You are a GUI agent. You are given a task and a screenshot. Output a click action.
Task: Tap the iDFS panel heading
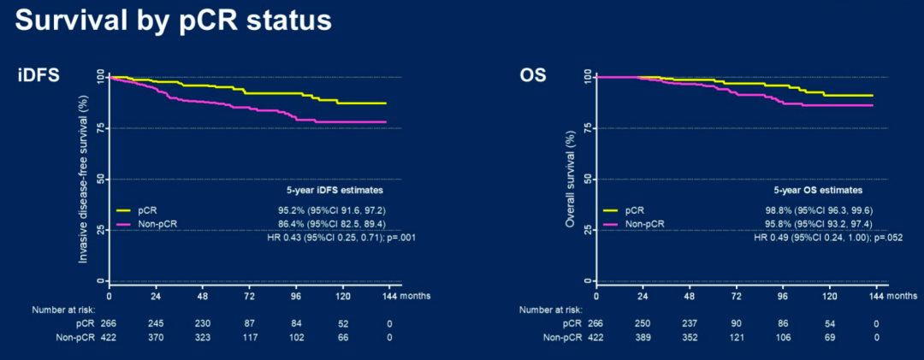[x=38, y=75]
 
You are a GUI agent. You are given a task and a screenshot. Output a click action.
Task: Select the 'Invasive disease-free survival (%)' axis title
[x=86, y=178]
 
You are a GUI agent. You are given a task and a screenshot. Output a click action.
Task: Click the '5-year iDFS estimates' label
[x=335, y=190]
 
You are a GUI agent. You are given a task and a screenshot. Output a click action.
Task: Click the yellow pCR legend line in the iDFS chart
[x=124, y=210]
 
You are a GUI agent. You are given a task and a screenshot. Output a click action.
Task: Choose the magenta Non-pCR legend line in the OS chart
[x=610, y=224]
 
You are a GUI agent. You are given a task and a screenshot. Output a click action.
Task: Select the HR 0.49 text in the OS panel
[x=827, y=238]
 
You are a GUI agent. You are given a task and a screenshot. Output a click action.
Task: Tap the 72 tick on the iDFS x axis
[x=249, y=295]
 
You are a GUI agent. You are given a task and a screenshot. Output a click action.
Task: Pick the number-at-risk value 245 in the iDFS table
[x=156, y=323]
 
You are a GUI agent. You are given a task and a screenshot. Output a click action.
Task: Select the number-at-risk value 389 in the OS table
[x=643, y=338]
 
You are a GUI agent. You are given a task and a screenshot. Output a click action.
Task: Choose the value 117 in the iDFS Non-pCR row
[x=249, y=338]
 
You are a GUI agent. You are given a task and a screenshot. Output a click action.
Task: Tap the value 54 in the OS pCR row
[x=829, y=323]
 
